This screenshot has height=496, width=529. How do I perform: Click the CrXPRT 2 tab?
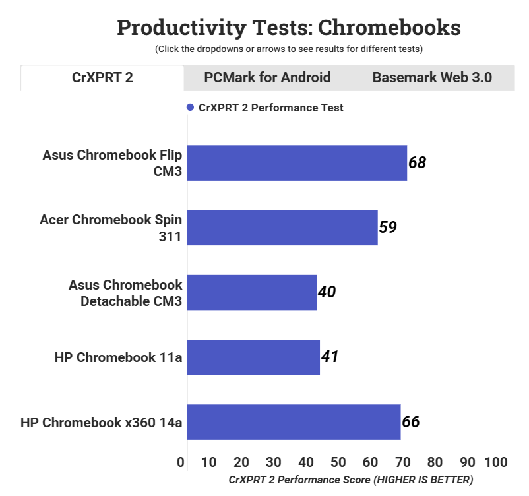tap(102, 77)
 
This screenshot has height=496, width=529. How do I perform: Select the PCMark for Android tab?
tap(267, 77)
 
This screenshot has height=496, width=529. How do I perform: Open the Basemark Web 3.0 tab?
tap(432, 77)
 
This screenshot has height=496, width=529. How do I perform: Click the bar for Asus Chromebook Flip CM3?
tap(297, 163)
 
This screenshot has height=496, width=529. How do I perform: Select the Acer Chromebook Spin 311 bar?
tap(282, 228)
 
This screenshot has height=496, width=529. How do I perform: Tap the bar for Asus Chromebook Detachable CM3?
tap(252, 292)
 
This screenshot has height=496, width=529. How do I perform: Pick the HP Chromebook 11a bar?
tap(253, 357)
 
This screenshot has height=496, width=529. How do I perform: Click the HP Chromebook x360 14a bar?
tap(294, 421)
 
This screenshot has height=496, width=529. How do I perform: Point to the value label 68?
tap(417, 162)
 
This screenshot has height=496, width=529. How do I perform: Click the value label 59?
tap(388, 227)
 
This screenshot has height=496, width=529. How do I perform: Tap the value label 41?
tap(330, 357)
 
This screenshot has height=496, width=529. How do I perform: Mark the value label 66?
tap(410, 421)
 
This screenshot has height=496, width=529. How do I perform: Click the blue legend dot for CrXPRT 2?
tap(190, 108)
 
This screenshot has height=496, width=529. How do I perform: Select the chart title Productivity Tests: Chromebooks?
tap(288, 28)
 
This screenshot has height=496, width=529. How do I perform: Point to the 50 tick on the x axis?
tap(338, 462)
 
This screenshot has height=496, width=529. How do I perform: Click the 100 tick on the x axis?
tap(495, 462)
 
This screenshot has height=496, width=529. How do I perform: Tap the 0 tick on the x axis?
tap(181, 462)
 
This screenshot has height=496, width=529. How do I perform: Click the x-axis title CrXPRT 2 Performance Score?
tap(350, 480)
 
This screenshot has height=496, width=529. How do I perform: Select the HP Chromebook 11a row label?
tap(118, 357)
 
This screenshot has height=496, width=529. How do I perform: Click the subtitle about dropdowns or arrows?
tap(288, 49)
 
